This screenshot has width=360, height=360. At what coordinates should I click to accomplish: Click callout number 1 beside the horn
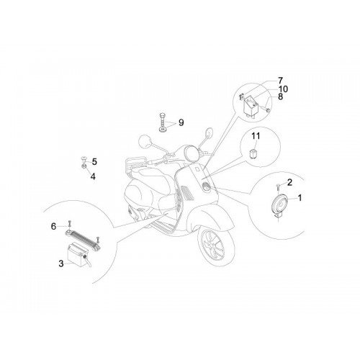[x=300, y=198]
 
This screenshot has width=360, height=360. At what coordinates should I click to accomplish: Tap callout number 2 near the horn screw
[x=289, y=182]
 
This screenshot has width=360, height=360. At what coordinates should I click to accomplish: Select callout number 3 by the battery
[x=61, y=264]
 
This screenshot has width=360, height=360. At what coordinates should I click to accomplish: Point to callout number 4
[x=93, y=176]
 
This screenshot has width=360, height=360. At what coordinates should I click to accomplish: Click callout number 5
[x=94, y=162]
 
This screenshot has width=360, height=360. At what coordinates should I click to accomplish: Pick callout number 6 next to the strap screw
[x=53, y=226]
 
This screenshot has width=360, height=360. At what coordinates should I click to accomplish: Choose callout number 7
[x=281, y=81]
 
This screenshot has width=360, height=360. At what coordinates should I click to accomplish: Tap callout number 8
[x=280, y=96]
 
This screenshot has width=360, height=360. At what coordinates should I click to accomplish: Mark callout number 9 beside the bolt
[x=181, y=122]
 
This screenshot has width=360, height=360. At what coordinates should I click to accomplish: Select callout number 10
[x=283, y=89]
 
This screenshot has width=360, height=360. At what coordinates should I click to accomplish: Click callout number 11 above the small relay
[x=256, y=136]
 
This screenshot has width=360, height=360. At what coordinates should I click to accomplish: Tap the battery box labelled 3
[x=77, y=254]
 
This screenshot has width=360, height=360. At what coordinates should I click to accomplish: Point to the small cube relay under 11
[x=252, y=153]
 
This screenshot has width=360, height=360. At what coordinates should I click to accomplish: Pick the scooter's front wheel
[x=216, y=246]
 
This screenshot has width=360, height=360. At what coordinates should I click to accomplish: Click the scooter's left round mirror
[x=145, y=142]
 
